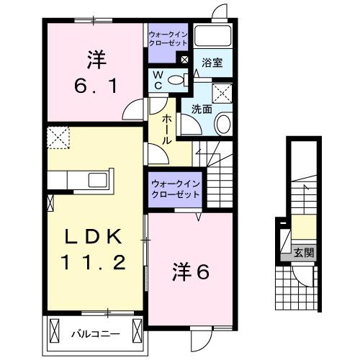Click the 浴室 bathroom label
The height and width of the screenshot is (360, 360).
[x=212, y=63]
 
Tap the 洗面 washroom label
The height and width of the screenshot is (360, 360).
[x=202, y=109]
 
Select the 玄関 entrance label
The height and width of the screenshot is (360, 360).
[x=304, y=252]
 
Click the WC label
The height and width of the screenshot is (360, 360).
[x=157, y=80]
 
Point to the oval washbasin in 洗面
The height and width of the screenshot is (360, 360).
[x=222, y=124]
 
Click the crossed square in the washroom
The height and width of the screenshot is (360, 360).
[x=224, y=92]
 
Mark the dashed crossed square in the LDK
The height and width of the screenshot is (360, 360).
[x=57, y=135]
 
